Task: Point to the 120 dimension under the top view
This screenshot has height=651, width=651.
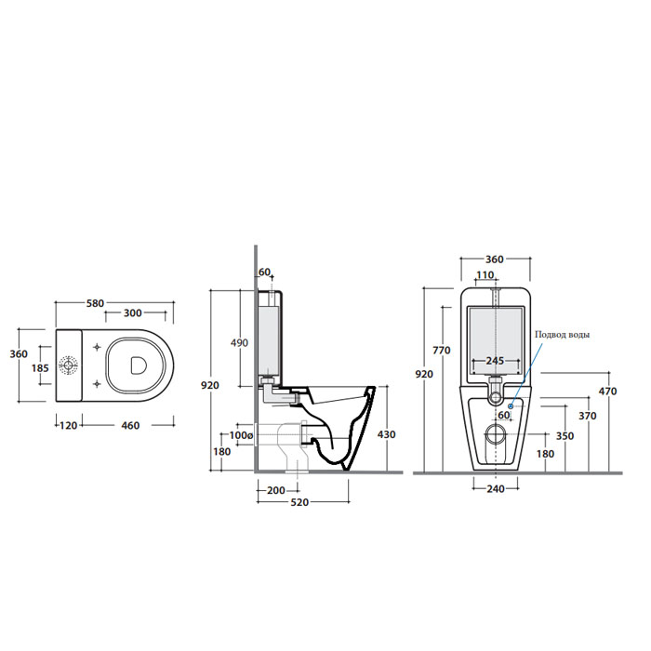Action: click(x=67, y=426)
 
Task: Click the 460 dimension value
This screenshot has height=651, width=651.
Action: click(x=129, y=426)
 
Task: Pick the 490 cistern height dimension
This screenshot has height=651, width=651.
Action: click(x=239, y=343)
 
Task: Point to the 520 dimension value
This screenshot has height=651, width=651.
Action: click(x=299, y=502)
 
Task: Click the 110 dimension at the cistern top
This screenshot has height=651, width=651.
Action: click(x=486, y=275)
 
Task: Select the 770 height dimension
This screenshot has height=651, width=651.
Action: click(x=442, y=351)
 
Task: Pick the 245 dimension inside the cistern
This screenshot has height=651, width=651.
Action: click(x=495, y=359)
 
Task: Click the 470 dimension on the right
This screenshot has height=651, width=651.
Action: click(x=606, y=392)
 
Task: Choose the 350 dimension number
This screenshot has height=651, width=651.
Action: click(x=565, y=434)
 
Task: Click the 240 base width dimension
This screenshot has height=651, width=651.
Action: click(x=495, y=489)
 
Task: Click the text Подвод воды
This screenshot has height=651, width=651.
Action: click(x=561, y=335)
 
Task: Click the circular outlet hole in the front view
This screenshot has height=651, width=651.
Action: click(x=496, y=435)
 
